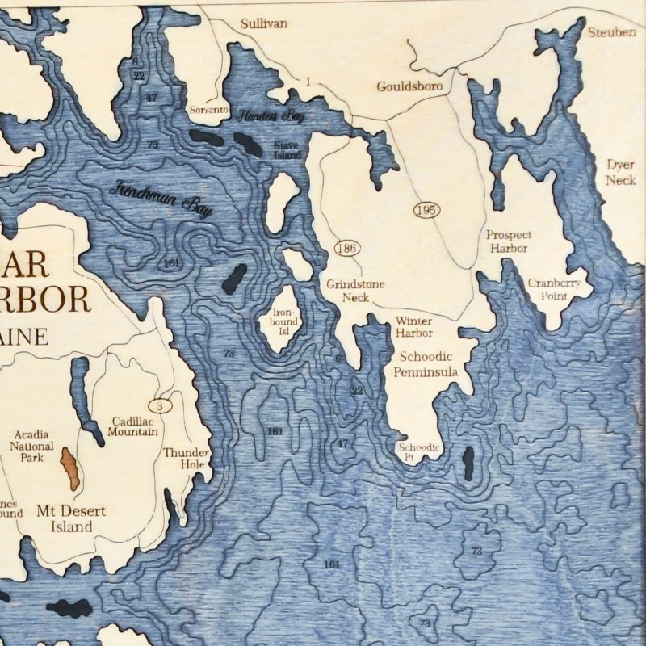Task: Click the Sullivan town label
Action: click(263, 24)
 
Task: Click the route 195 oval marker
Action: click(426, 210)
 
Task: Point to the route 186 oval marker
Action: click(348, 247)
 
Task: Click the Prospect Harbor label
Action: click(509, 241)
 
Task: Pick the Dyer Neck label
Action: click(621, 172)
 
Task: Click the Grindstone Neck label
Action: click(355, 291)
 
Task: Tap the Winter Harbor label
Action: click(414, 326)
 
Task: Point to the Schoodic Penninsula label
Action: click(425, 364)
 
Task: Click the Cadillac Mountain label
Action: click(132, 426)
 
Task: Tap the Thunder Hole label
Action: click(187, 459)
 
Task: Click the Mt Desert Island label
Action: click(65, 518)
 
